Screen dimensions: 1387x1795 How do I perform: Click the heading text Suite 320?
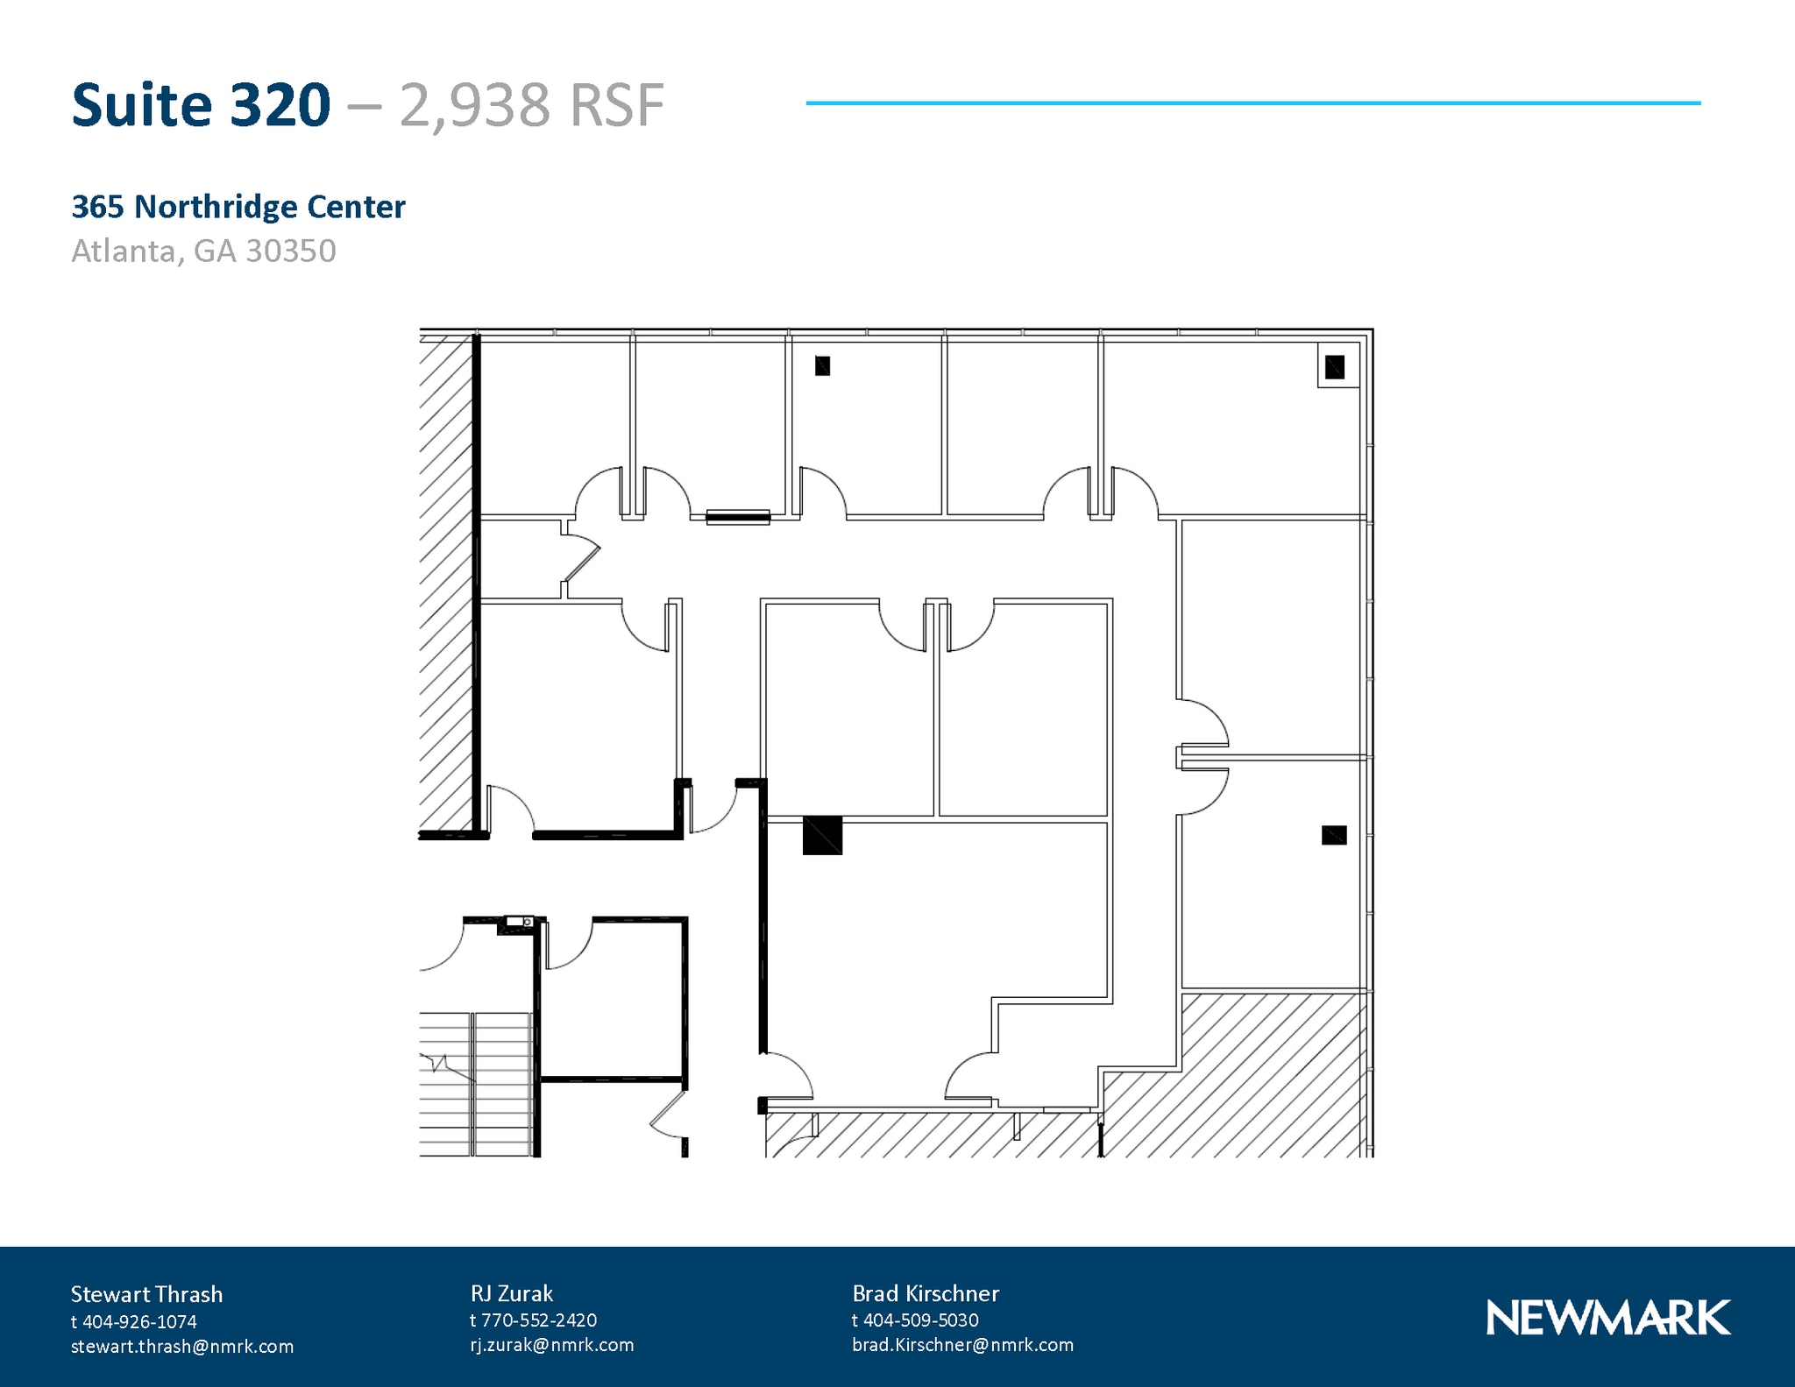point(201,105)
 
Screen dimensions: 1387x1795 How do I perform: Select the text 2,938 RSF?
point(531,106)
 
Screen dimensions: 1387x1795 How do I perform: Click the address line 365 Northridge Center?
point(238,207)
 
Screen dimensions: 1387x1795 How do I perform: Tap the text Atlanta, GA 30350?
point(203,251)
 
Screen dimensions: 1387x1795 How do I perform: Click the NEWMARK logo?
point(1607,1318)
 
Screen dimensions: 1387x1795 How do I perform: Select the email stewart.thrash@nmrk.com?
point(181,1346)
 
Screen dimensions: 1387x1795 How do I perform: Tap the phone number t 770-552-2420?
point(533,1320)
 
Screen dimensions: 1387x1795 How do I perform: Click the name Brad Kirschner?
point(925,1293)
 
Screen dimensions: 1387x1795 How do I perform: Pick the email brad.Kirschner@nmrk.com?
point(961,1344)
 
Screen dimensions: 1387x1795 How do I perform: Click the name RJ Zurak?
point(511,1293)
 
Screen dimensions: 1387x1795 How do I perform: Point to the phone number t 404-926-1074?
point(133,1321)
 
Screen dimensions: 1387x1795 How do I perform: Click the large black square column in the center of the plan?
point(822,835)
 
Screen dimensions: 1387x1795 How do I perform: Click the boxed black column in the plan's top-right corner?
point(1334,366)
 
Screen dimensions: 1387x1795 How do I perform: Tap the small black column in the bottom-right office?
point(1333,835)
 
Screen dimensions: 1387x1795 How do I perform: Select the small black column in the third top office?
point(822,365)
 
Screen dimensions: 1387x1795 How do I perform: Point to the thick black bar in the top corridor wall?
point(738,517)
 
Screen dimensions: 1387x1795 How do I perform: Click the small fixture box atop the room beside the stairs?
point(519,922)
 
